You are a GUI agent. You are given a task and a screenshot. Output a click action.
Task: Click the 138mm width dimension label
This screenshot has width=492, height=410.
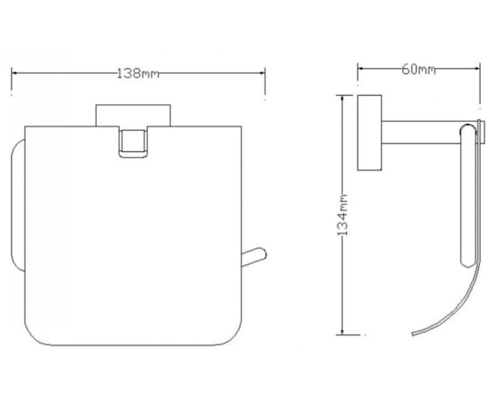pos(138,74)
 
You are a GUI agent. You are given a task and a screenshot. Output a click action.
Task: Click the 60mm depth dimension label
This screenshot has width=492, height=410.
pos(419,70)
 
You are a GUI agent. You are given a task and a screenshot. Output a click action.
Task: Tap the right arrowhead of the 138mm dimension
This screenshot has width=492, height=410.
pos(262,73)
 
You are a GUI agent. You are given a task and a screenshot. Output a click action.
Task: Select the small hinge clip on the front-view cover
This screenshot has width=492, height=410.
pos(133,143)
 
